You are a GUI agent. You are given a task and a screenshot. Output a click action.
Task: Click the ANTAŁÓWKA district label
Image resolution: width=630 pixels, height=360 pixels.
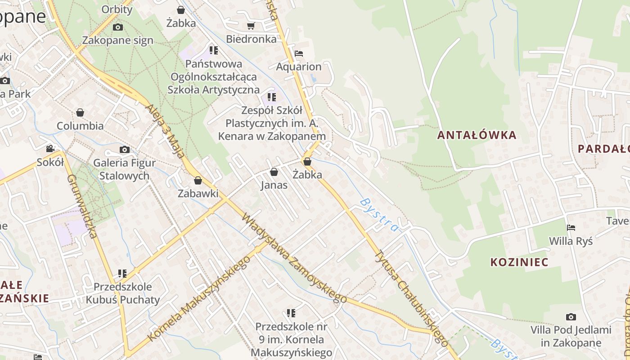click(477, 135)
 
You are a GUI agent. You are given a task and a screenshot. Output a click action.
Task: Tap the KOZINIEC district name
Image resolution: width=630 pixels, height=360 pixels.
click(519, 262)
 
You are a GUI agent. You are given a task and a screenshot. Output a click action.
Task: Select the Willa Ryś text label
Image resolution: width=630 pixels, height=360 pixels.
click(571, 241)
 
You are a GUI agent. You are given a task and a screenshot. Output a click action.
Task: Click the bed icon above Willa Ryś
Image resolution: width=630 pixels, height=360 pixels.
click(571, 228)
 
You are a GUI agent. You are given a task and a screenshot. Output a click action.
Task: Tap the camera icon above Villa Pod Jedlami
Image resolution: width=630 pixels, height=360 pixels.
click(571, 317)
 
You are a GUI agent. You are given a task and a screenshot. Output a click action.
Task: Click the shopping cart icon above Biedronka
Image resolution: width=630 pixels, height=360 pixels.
click(251, 26)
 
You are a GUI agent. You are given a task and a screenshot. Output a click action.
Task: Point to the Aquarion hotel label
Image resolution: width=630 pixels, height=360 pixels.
click(299, 67)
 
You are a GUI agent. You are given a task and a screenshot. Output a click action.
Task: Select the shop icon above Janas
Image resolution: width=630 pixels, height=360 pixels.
click(274, 172)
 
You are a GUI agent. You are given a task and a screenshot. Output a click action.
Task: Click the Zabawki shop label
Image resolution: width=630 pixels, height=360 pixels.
click(198, 193)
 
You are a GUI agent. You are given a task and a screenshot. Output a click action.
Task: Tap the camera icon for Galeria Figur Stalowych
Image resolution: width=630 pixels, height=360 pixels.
click(124, 149)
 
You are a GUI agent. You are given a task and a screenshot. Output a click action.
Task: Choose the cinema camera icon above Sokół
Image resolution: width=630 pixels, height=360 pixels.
click(50, 148)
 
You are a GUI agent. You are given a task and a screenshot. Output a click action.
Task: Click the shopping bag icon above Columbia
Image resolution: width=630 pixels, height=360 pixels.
click(80, 112)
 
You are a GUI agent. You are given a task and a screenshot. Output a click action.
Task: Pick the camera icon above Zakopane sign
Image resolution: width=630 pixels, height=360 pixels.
click(117, 27)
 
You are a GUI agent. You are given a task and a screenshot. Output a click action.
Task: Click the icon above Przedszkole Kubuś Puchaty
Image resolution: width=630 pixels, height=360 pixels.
click(122, 273)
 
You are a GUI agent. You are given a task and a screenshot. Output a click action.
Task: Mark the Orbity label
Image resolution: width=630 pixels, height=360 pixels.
click(117, 9)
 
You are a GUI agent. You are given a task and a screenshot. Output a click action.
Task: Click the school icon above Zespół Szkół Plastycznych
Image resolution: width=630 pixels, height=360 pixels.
click(271, 97)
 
